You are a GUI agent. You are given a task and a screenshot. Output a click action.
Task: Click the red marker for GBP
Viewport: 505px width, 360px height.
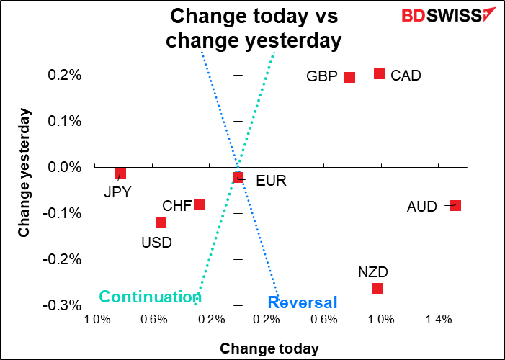point(349,77)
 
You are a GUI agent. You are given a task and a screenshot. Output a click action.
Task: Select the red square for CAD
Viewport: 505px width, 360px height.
point(380,73)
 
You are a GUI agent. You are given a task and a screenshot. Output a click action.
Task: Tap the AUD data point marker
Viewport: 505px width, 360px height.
point(455,205)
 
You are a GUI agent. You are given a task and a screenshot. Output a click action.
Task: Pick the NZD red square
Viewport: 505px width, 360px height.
point(377,288)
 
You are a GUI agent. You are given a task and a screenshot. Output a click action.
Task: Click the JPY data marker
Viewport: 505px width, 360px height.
point(121,174)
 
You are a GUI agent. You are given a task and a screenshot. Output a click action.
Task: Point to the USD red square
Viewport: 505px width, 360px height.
point(161,222)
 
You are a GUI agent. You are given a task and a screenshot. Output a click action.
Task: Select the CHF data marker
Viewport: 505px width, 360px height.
point(200,204)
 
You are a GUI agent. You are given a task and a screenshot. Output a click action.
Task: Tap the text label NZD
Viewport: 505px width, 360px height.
point(373,272)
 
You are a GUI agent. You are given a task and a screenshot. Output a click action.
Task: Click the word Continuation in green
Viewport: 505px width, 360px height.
point(150,297)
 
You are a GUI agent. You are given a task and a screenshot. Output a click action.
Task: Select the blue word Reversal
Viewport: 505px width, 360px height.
point(303,302)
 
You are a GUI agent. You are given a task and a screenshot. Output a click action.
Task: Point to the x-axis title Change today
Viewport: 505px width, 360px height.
point(269,348)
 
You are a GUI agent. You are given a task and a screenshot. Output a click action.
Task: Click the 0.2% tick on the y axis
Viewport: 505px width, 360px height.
point(65,75)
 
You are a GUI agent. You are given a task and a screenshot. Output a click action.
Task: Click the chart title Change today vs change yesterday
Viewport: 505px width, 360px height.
point(253,27)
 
